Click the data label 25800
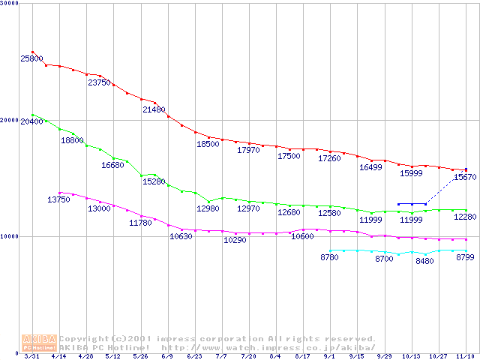(x=31, y=58)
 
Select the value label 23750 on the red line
(x=99, y=82)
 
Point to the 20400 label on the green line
(x=31, y=121)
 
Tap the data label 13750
(x=58, y=199)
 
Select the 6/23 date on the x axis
(x=193, y=356)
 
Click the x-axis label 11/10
(x=465, y=356)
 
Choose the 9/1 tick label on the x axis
(x=329, y=356)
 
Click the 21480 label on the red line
(x=154, y=109)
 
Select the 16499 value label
(x=370, y=167)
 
